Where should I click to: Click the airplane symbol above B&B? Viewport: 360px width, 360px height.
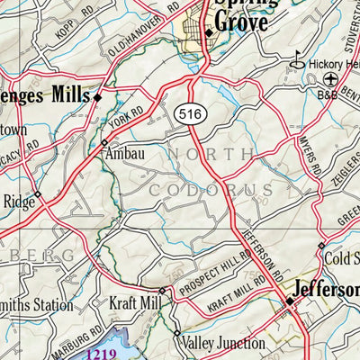pos(330,78)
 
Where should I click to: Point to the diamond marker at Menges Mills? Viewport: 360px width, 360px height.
pos(98,94)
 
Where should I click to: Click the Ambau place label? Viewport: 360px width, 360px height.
pos(124,155)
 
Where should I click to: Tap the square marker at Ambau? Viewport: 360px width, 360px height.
pos(104,142)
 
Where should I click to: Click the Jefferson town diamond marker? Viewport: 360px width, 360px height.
pos(288,302)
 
